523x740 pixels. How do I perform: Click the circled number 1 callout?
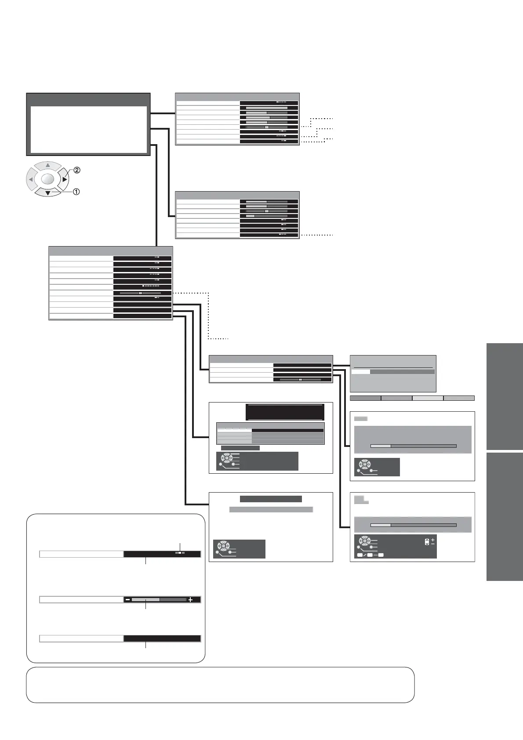pyautogui.click(x=76, y=192)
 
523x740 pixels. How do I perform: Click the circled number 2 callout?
pyautogui.click(x=77, y=170)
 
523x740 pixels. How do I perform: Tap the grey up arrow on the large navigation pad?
pyautogui.click(x=48, y=166)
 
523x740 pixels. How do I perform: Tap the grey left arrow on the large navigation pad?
pyautogui.click(x=31, y=179)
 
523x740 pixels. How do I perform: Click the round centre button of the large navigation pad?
pyautogui.click(x=48, y=179)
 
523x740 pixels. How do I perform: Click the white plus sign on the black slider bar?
pyautogui.click(x=190, y=599)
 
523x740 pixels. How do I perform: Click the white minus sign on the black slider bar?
pyautogui.click(x=127, y=599)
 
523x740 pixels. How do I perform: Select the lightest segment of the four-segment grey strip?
pyautogui.click(x=428, y=398)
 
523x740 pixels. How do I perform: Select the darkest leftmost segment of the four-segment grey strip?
pyautogui.click(x=365, y=398)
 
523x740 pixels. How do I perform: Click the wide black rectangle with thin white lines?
pyautogui.click(x=285, y=412)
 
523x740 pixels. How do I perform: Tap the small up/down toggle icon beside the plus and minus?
pyautogui.click(x=427, y=542)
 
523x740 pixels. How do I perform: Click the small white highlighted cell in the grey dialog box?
pyautogui.click(x=360, y=372)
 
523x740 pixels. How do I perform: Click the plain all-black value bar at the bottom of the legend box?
pyautogui.click(x=162, y=639)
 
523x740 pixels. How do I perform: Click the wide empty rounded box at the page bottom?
pyautogui.click(x=220, y=685)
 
